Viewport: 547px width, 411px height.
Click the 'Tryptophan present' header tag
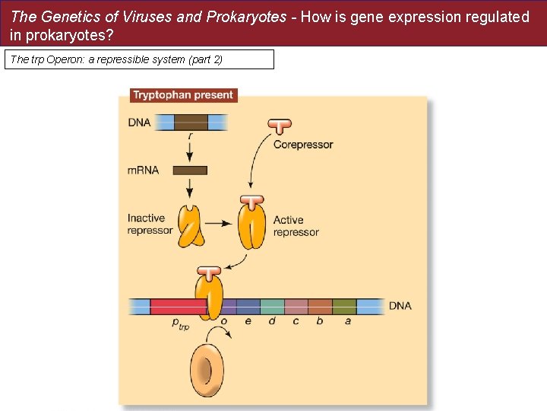[183, 95]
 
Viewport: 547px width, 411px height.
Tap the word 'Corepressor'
[303, 145]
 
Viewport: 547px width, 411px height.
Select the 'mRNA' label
[144, 170]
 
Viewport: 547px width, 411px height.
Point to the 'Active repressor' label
[296, 227]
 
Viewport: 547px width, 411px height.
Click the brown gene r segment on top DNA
[191, 122]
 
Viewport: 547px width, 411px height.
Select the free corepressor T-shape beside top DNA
[280, 127]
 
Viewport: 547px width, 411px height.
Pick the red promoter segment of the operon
[177, 307]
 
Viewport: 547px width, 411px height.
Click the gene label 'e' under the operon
[248, 321]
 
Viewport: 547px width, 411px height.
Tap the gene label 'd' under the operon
[272, 321]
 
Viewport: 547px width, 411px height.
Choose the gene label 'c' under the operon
[296, 321]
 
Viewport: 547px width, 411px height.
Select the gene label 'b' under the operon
[320, 321]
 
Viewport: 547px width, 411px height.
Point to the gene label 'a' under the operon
[348, 321]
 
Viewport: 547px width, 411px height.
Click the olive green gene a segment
[344, 307]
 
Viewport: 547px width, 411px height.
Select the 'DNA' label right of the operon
[400, 306]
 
